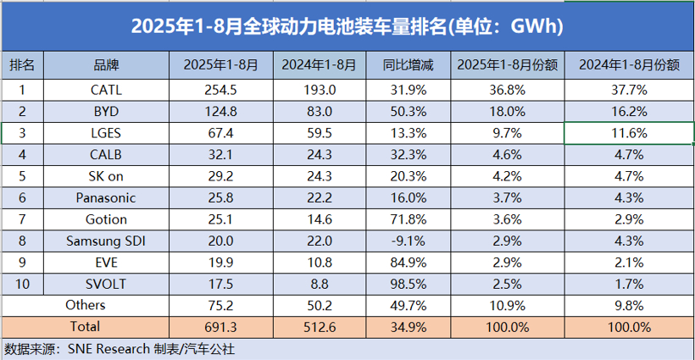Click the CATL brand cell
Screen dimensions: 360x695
click(107, 88)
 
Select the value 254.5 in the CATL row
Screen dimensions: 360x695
click(220, 88)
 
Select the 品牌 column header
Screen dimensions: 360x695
click(107, 65)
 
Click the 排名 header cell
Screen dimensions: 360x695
click(22, 65)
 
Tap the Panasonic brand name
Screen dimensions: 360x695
click(107, 197)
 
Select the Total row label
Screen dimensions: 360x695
click(86, 326)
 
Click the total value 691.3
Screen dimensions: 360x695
click(220, 326)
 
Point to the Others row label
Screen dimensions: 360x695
click(86, 305)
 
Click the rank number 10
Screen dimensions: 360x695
click(22, 284)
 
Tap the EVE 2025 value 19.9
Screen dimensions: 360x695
click(220, 262)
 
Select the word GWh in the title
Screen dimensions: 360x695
click(536, 26)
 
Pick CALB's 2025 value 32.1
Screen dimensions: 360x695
click(220, 154)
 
